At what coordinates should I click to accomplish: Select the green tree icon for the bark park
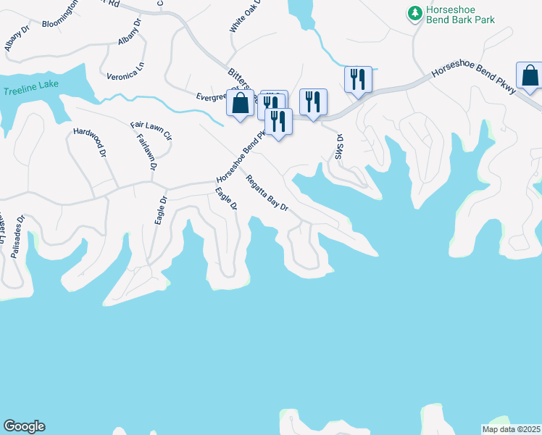(x=414, y=13)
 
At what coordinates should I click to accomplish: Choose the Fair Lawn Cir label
(x=151, y=130)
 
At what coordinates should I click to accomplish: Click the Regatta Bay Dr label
(x=267, y=194)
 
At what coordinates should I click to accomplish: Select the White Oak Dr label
(x=238, y=16)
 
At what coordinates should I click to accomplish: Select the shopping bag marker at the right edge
(x=530, y=75)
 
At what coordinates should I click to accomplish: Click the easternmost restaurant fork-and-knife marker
(x=358, y=78)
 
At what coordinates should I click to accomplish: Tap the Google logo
(x=24, y=426)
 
